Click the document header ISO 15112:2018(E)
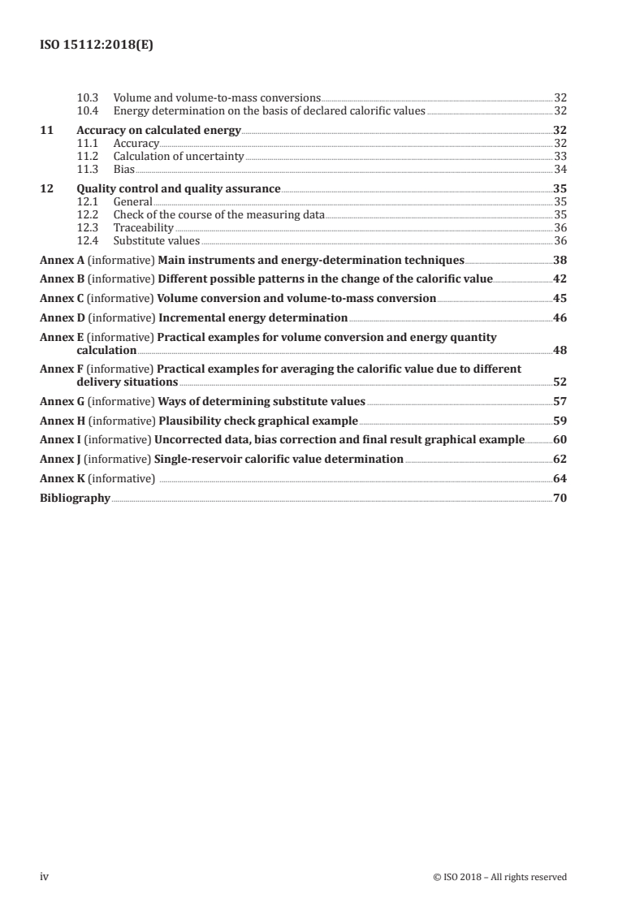pos(97,46)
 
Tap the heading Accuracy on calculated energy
pos(158,130)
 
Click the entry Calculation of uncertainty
pos(178,156)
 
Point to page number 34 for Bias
pos(560,169)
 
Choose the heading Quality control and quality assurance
pos(178,188)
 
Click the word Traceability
pos(143,227)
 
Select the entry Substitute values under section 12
pos(156,240)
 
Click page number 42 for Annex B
pos(560,278)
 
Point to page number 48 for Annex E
pos(560,350)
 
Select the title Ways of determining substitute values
pos(261,401)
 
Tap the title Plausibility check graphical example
pos(257,421)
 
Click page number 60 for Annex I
pos(560,439)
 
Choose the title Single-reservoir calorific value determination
pos(279,459)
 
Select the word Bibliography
pos(75,498)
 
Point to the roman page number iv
pos(45,876)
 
